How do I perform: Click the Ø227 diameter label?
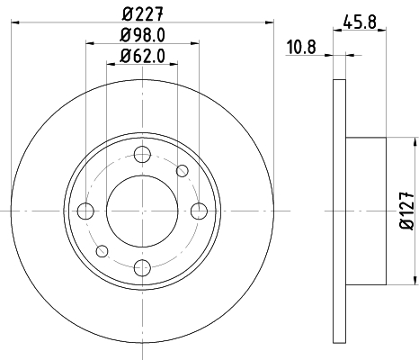pos(143,13)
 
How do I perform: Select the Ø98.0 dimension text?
pos(143,35)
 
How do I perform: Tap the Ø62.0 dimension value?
pos(143,56)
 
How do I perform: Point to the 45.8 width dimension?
pos(360,22)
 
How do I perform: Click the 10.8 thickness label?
pos(301,48)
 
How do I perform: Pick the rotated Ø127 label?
pos(407,211)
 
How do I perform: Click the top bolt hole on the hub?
pos(142,154)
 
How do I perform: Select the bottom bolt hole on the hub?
pos(142,268)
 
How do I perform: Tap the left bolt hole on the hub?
pos(85,211)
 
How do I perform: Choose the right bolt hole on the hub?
pos(199,211)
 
